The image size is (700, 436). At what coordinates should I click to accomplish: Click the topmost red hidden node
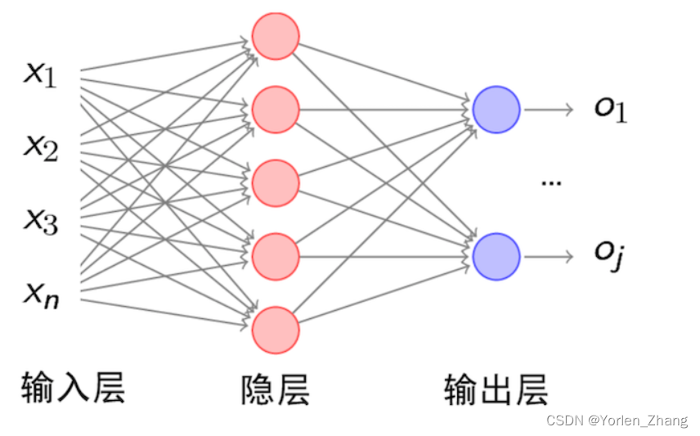point(276,36)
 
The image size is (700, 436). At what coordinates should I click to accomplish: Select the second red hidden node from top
point(276,110)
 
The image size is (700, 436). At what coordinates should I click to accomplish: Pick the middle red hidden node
point(276,183)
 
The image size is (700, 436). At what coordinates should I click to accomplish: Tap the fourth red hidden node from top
point(276,257)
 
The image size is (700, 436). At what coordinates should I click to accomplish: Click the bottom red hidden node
point(276,330)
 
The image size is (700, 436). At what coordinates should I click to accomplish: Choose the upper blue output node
point(496,110)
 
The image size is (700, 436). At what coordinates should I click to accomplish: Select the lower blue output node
point(496,256)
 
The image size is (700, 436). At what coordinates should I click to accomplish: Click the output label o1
point(610,110)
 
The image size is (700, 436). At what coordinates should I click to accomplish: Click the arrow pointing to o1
point(549,110)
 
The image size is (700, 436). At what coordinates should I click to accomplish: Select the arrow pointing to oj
point(549,256)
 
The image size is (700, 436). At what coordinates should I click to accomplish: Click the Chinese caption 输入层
point(74,389)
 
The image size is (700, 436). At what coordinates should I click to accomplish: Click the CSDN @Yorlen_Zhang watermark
point(617,421)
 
